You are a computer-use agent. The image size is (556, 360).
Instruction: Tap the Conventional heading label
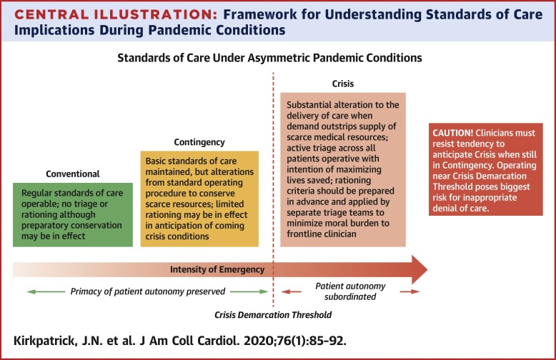pos(72,174)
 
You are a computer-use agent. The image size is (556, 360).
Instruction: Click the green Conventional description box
pos(72,214)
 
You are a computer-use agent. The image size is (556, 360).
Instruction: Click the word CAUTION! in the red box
pos(454,134)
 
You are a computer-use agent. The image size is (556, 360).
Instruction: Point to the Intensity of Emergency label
pos(217,269)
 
